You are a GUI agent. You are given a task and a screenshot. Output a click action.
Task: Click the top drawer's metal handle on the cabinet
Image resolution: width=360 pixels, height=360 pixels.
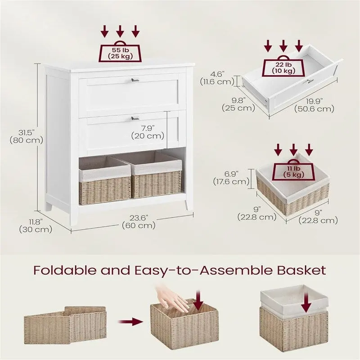point(135,80)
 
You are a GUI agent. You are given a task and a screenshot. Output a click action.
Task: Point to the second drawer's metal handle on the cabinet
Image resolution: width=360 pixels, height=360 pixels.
point(135,118)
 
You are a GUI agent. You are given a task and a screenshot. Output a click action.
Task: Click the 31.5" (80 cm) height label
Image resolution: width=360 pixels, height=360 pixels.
point(27,136)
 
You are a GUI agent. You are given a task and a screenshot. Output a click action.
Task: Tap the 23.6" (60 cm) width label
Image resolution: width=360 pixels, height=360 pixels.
point(139,221)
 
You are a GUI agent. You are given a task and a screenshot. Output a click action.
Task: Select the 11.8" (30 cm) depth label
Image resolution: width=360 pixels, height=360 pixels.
point(36,225)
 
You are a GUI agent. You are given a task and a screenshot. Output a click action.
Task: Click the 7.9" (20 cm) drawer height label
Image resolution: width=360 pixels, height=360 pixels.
point(148,132)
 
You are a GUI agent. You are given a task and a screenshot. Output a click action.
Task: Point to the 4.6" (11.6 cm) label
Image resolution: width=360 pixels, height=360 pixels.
point(217,78)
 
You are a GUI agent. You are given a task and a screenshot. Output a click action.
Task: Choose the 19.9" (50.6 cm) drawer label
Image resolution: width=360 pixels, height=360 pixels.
point(314,105)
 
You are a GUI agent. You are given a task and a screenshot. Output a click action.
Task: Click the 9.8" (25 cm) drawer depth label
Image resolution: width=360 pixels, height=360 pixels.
point(238,104)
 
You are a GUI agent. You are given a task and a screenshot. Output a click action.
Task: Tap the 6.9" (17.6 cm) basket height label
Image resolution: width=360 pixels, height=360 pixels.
point(231,178)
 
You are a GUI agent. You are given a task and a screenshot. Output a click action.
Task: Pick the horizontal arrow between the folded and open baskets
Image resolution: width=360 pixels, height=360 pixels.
point(130,322)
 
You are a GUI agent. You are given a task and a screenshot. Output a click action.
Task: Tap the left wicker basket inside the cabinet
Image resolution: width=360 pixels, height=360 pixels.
point(105,180)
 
